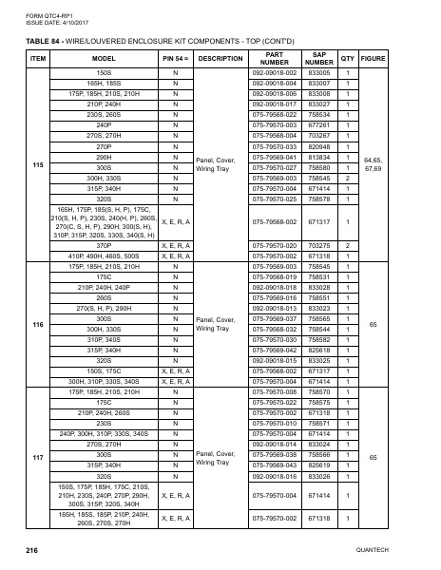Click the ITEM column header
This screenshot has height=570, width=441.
[x=38, y=58]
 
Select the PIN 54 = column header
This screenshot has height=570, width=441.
[x=175, y=58]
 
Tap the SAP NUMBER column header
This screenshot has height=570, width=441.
[x=319, y=58]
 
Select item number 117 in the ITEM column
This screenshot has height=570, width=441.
[x=38, y=457]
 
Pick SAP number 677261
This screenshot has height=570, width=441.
[x=319, y=124]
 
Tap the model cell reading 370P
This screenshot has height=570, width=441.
[x=105, y=245]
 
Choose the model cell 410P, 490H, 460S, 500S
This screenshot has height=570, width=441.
[x=105, y=256]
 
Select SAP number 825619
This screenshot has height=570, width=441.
[x=319, y=465]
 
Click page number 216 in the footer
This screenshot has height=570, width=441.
[x=31, y=550]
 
